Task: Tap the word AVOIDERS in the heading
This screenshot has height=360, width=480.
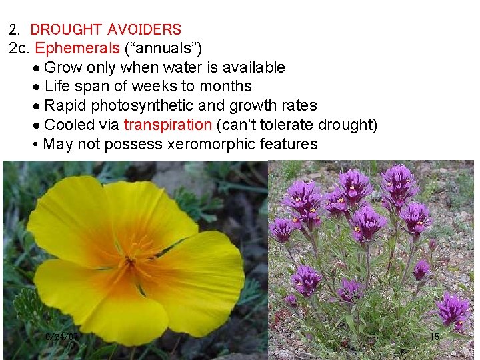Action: tap(144, 29)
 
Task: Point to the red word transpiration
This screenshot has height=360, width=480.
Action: tap(167, 125)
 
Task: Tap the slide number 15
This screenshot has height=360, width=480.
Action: tap(434, 337)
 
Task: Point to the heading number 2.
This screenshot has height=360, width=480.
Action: tap(14, 29)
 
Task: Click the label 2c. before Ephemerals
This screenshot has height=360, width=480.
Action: tap(19, 49)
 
